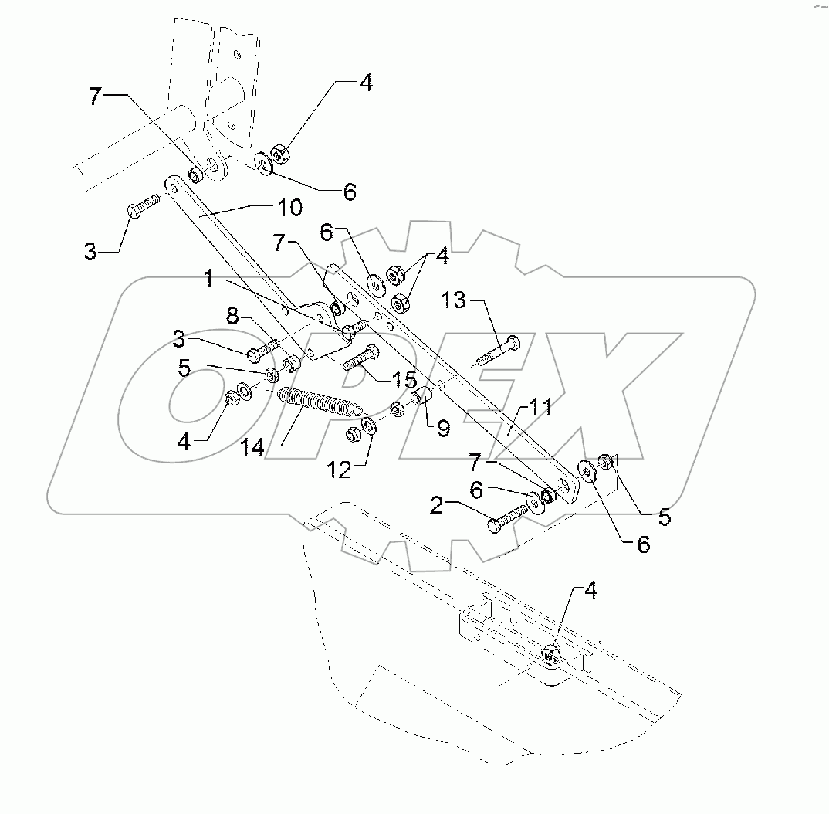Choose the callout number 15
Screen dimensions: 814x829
click(382, 380)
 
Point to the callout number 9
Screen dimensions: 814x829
click(442, 427)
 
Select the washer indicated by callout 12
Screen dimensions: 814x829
click(368, 427)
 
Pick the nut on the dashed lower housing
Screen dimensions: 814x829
click(550, 655)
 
